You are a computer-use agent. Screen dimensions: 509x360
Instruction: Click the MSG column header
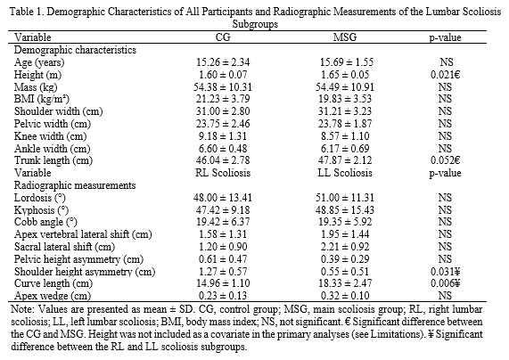tap(345, 37)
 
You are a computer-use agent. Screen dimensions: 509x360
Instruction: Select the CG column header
tap(223, 37)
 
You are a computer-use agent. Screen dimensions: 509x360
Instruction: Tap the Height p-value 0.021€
tap(445, 75)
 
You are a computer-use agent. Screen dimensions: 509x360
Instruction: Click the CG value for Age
tap(223, 62)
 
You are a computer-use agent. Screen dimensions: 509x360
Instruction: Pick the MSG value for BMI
tap(345, 99)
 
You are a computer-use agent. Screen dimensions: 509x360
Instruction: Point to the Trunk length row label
tap(53, 160)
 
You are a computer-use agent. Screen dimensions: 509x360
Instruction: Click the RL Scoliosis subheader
tap(223, 173)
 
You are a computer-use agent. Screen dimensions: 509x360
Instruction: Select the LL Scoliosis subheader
tap(345, 173)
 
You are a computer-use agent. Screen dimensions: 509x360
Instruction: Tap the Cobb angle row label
tap(45, 223)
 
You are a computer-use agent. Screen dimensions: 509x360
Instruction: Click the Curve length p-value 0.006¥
tap(445, 283)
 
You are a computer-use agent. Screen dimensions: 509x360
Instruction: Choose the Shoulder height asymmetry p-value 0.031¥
tap(445, 272)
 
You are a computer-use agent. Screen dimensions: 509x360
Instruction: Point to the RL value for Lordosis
tap(223, 198)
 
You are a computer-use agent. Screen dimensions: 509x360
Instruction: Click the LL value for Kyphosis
tap(345, 210)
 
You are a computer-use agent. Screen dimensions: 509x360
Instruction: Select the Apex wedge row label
tap(53, 296)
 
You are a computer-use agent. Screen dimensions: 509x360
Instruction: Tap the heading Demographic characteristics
tap(75, 50)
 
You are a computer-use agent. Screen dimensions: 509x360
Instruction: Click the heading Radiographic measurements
tap(75, 185)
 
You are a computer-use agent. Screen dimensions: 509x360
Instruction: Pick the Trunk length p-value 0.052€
tap(445, 160)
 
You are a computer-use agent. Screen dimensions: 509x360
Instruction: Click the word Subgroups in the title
tap(255, 24)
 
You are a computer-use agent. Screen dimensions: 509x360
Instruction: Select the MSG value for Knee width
tap(345, 136)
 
